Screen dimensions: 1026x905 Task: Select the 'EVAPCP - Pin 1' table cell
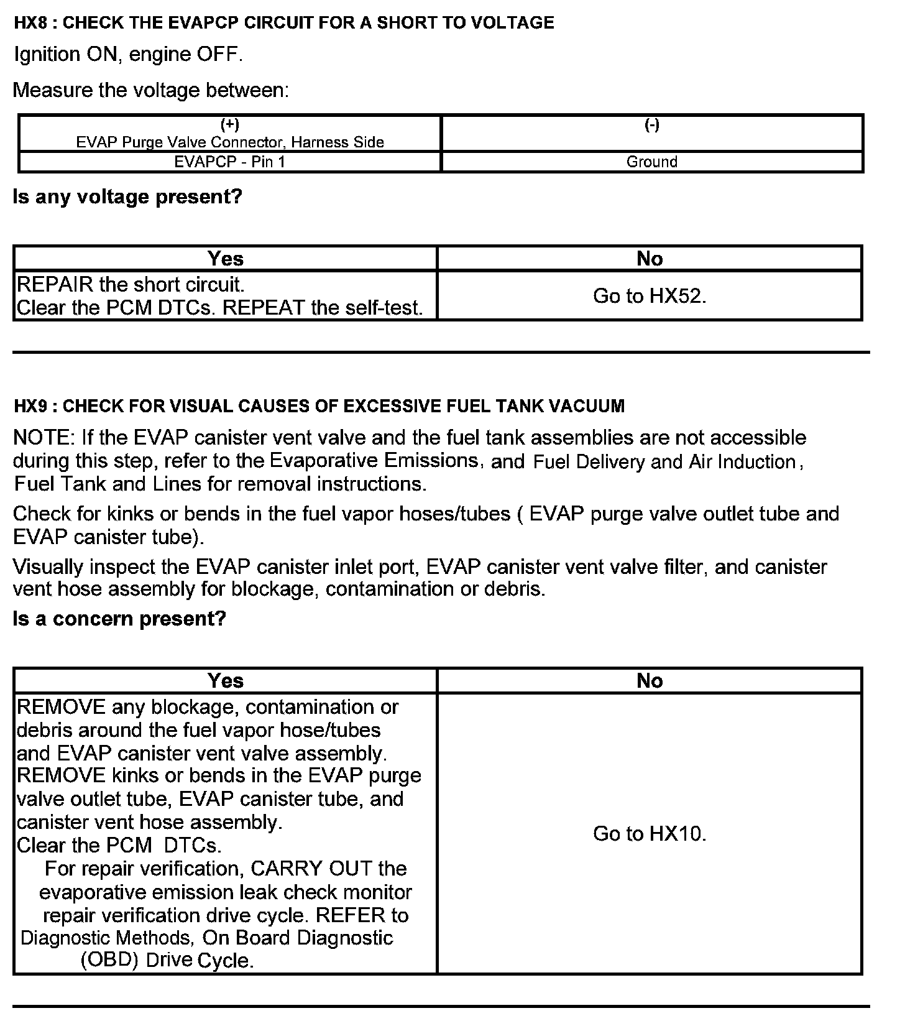click(229, 162)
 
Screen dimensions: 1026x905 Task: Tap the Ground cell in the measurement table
click(651, 162)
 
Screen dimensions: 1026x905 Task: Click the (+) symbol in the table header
click(230, 125)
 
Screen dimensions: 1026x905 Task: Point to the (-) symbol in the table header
click(651, 125)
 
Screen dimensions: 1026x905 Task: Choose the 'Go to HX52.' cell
click(650, 296)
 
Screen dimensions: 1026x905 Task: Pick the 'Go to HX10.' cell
click(650, 834)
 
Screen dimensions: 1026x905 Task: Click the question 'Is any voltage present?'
click(127, 197)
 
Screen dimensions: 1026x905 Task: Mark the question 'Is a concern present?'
click(119, 619)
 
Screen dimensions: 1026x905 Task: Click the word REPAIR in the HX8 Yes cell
click(55, 285)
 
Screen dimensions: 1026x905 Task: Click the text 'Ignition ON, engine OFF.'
click(128, 55)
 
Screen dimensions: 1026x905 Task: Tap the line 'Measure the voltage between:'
click(151, 91)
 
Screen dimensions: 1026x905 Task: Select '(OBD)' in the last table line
click(109, 961)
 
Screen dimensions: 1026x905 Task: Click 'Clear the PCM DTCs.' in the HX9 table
click(119, 846)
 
